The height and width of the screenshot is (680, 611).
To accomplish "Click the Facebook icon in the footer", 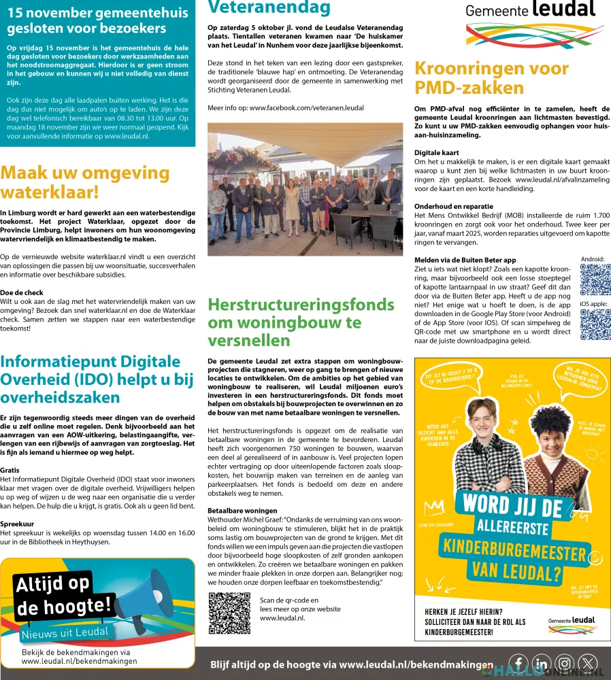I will (x=519, y=664).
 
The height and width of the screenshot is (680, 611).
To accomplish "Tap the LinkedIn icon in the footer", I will (x=542, y=664).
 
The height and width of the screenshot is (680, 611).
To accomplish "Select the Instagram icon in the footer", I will (x=565, y=664).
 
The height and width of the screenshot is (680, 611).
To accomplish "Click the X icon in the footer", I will (x=588, y=664).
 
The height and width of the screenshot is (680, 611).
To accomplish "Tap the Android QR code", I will (x=595, y=279).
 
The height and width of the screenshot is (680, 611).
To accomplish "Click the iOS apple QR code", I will (x=595, y=324).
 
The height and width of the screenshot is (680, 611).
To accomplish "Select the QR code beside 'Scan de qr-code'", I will (x=229, y=613).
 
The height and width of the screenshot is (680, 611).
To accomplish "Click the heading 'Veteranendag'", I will (x=269, y=8).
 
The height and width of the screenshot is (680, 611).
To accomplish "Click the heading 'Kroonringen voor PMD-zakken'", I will (x=491, y=78).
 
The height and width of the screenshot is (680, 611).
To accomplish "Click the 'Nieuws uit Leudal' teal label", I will (x=65, y=632).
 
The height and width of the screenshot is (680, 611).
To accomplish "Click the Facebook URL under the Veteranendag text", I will (x=286, y=107).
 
